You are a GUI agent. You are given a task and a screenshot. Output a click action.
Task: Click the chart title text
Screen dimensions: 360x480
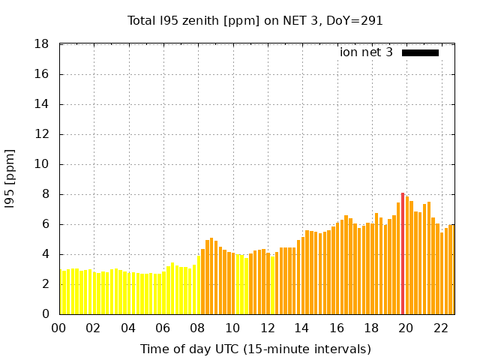point(255,20)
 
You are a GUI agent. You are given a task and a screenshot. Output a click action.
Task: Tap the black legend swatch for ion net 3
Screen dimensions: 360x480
point(420,52)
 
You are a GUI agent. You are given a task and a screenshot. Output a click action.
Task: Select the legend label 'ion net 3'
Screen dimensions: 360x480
point(366,52)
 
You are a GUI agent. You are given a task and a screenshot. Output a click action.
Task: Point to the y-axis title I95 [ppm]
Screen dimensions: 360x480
point(10,179)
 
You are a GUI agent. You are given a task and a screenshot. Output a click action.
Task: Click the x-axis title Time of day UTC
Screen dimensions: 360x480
point(255,349)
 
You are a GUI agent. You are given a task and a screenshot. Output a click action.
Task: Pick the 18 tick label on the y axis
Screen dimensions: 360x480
point(43,44)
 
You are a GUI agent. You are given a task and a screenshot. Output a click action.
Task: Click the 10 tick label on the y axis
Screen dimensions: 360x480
point(43,164)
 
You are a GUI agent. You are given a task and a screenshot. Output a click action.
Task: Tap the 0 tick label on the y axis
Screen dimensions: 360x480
point(46,314)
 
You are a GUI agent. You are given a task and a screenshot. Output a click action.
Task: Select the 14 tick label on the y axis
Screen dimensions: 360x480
point(43,104)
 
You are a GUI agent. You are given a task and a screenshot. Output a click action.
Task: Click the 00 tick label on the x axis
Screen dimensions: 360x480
point(59,328)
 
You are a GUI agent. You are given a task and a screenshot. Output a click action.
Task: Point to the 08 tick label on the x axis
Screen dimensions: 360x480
point(198,328)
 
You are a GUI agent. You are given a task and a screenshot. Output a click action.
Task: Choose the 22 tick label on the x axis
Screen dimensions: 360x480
point(441,328)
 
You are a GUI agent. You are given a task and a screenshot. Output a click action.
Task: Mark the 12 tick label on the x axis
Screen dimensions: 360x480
point(268,328)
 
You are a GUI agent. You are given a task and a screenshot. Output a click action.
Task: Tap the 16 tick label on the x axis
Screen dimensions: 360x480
point(337,328)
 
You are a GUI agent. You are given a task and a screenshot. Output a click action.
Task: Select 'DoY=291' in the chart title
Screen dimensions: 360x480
point(355,20)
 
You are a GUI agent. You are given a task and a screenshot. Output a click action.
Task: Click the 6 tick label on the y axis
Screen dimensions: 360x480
point(46,224)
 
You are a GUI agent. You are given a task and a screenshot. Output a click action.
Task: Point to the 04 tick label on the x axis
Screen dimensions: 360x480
point(129,328)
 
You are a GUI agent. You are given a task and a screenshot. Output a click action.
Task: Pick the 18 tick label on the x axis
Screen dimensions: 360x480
point(371,328)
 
